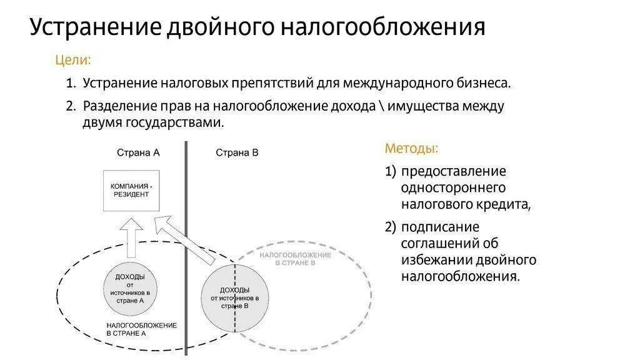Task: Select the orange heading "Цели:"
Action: (x=74, y=61)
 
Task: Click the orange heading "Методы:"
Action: (x=411, y=149)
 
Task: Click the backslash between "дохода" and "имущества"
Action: (x=381, y=106)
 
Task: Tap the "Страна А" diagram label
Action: (x=138, y=152)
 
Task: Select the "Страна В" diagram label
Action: (x=237, y=152)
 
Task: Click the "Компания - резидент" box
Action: (x=131, y=191)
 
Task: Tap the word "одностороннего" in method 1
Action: (x=453, y=187)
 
